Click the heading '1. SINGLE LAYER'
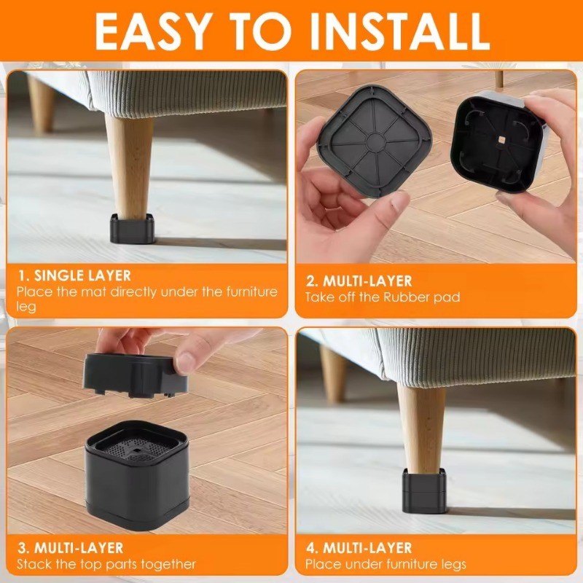(75, 276)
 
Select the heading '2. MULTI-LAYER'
(359, 281)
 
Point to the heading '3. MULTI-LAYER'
(70, 548)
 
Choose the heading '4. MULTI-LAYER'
(359, 548)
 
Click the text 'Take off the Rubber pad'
(383, 297)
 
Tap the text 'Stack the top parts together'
(106, 564)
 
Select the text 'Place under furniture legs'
(386, 564)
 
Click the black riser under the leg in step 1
(132, 229)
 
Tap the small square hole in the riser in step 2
(501, 139)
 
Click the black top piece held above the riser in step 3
(135, 375)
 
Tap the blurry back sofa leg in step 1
(42, 105)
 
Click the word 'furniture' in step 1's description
(251, 291)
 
